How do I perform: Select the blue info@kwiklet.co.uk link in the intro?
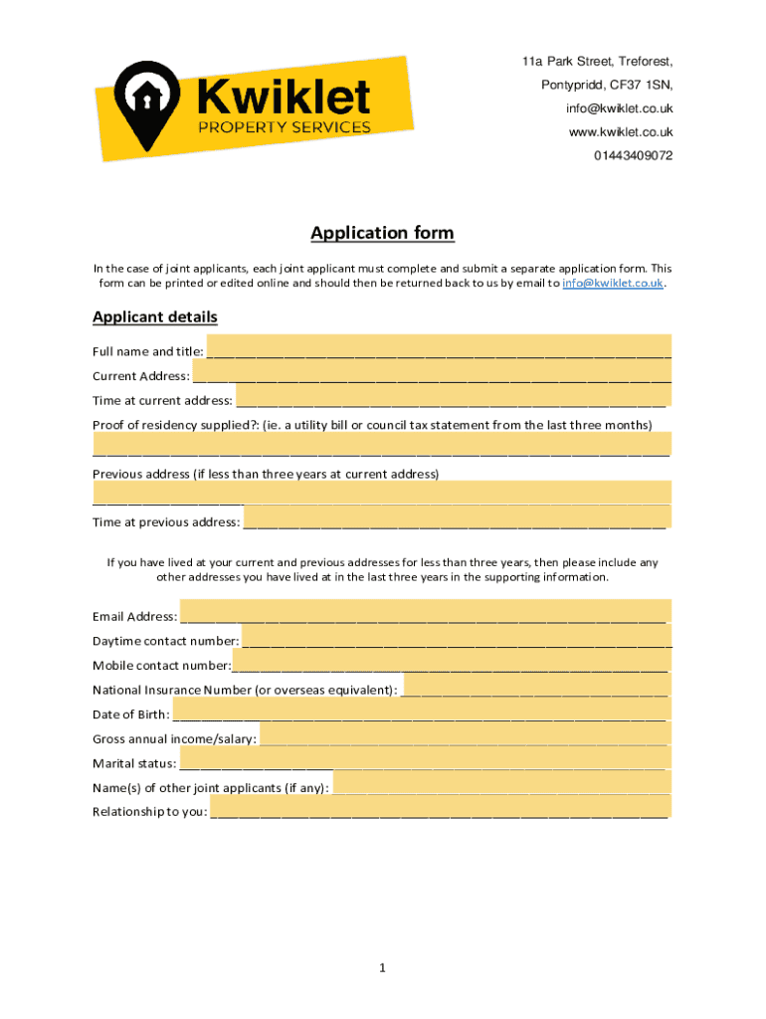pyautogui.click(x=612, y=284)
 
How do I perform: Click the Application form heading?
pyautogui.click(x=382, y=233)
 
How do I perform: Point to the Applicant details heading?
pyautogui.click(x=154, y=317)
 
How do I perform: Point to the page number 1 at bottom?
pyautogui.click(x=382, y=968)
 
